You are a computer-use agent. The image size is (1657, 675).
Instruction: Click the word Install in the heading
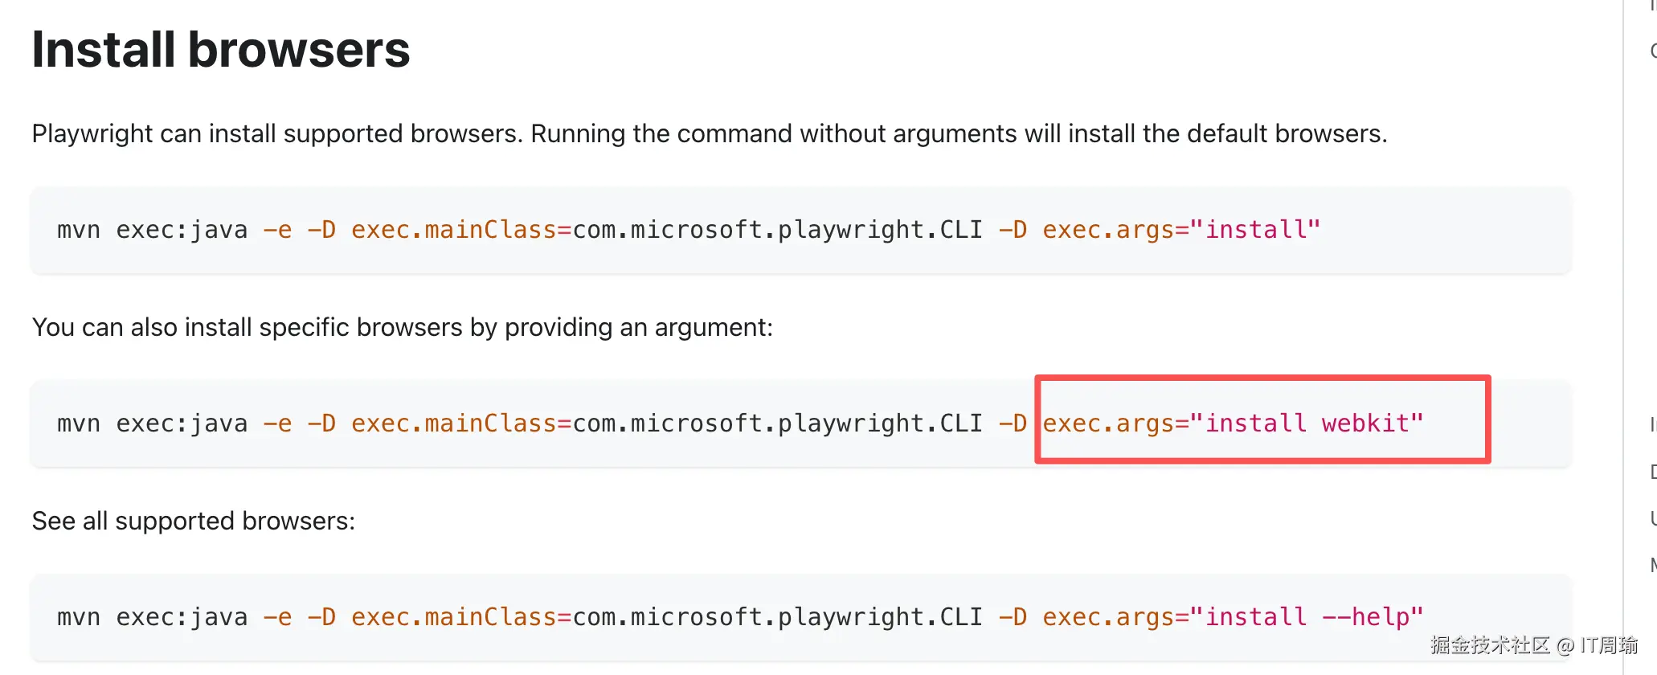click(103, 50)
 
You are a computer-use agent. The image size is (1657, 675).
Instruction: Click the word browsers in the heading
click(299, 50)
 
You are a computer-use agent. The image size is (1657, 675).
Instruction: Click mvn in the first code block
click(78, 230)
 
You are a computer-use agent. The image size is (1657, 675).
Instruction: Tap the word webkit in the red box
click(1365, 423)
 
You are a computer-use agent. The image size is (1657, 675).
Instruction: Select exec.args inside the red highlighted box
click(1108, 423)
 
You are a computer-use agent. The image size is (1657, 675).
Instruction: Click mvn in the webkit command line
click(78, 423)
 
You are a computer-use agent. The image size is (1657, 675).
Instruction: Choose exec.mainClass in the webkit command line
click(454, 423)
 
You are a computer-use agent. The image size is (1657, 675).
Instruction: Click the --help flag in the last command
click(1365, 617)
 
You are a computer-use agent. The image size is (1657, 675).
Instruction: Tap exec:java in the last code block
click(182, 617)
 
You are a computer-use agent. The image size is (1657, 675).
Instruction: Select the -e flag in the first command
click(277, 230)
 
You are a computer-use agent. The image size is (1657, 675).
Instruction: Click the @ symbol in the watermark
click(1565, 645)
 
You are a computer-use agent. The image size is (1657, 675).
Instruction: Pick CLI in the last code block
click(961, 617)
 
